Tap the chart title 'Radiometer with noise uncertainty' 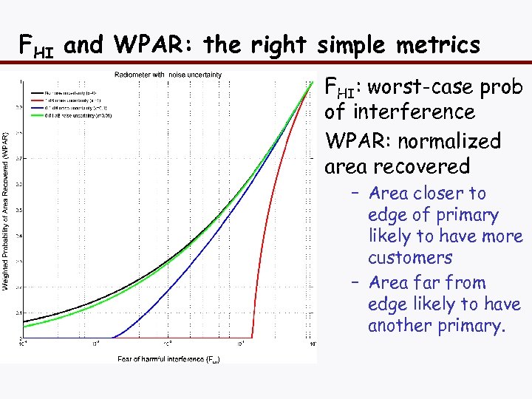[168, 75]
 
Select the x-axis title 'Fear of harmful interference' [168, 359]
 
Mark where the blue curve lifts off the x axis [111, 337]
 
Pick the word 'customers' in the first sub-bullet [409, 258]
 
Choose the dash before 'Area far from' [355, 283]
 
